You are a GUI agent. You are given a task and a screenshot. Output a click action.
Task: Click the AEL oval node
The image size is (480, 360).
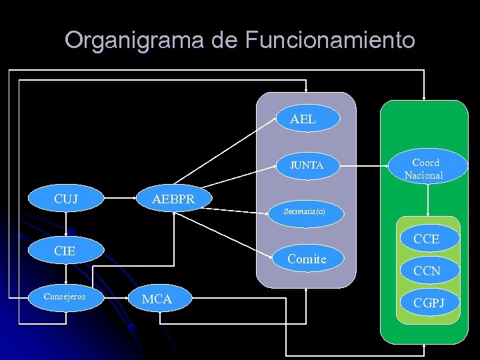click(x=303, y=120)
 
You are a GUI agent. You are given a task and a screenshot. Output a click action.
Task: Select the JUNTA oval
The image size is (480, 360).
click(x=306, y=165)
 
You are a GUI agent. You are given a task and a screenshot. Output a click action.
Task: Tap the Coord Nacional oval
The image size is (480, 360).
click(x=425, y=169)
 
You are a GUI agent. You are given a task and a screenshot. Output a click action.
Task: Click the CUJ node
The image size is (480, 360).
click(x=65, y=199)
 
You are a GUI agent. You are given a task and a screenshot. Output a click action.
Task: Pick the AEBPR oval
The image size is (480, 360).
click(x=173, y=199)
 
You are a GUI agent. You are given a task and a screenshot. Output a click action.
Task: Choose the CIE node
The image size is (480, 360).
click(x=65, y=251)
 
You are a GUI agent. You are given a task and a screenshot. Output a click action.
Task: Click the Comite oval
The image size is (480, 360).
click(x=307, y=259)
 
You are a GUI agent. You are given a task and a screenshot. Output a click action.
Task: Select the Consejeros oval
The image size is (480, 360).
click(x=65, y=296)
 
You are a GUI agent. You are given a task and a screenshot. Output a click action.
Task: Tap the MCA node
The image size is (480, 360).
click(x=157, y=299)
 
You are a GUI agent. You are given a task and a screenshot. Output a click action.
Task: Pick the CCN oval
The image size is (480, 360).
click(x=427, y=271)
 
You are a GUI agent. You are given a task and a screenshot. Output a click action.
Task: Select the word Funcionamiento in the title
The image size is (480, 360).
click(x=329, y=40)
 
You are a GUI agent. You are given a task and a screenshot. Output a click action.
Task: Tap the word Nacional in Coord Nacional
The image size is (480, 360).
click(x=423, y=175)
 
